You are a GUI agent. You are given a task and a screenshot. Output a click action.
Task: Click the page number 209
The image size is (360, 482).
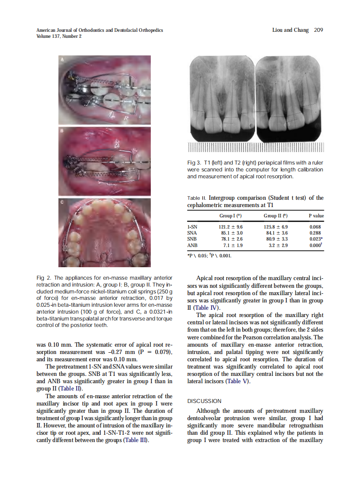click(318, 30)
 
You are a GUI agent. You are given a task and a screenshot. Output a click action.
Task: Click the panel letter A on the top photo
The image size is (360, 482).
click(62, 59)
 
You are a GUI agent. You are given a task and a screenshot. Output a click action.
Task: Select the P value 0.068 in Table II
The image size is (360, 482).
click(315, 227)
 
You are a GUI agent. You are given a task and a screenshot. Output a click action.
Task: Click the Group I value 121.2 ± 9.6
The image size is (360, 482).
click(232, 227)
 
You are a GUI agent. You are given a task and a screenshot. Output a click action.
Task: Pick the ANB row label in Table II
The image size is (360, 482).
click(192, 245)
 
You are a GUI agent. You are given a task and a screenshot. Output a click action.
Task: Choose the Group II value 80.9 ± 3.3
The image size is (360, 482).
click(275, 239)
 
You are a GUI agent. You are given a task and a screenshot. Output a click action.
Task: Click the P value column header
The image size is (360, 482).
click(316, 216)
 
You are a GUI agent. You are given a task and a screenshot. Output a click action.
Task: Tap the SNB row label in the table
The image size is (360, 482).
click(192, 239)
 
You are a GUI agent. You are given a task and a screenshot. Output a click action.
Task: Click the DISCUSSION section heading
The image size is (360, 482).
click(204, 401)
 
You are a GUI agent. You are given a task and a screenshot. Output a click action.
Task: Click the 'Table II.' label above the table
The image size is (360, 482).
click(197, 198)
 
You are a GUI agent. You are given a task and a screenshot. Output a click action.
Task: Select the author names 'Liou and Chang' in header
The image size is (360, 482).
click(288, 30)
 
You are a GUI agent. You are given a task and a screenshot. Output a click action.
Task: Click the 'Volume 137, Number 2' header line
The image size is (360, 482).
click(59, 37)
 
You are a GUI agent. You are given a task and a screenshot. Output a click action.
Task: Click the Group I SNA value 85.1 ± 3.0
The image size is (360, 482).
click(232, 233)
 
